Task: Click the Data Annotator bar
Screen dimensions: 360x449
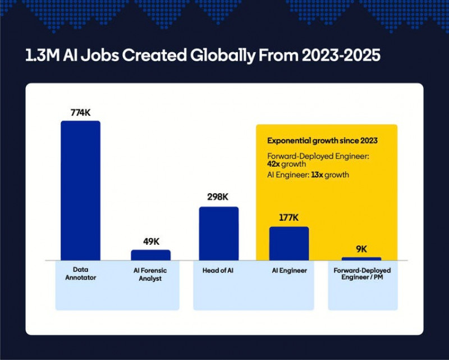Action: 80,190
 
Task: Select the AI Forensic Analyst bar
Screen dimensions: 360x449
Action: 150,255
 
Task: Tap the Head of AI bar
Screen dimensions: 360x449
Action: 219,234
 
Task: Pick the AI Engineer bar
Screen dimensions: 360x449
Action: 289,243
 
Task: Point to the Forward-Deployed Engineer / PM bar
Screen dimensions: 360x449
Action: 361,259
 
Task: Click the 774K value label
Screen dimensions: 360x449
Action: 80,112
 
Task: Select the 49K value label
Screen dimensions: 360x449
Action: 151,241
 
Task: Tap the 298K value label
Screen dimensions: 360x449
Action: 219,198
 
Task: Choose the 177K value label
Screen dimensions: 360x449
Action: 288,218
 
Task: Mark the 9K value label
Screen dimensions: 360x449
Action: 361,249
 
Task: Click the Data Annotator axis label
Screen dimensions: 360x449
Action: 80,274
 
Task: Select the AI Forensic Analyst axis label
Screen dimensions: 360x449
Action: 150,274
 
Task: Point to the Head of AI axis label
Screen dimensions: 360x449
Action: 219,270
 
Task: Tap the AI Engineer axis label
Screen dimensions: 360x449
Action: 289,270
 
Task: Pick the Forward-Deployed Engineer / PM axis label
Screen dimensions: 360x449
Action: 362,274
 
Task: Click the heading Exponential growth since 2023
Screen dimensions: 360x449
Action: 322,140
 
